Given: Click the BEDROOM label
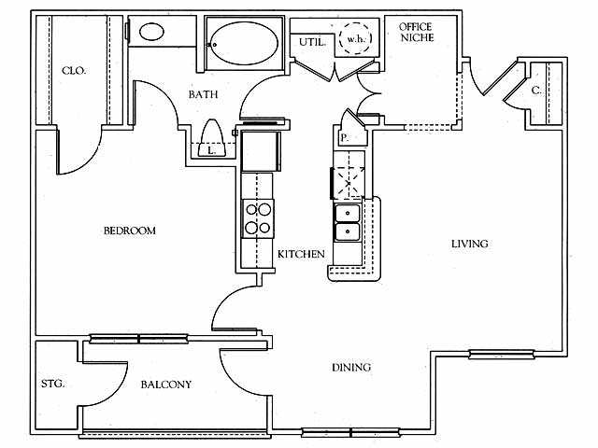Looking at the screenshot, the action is point(130,231).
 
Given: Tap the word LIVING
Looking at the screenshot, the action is point(469,244).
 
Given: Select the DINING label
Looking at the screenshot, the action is point(351,367).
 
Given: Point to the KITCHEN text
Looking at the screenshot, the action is point(301,254).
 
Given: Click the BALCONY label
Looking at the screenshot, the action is point(166,385).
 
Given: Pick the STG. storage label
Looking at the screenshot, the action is point(52,384).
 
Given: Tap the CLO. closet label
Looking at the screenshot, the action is point(74,71).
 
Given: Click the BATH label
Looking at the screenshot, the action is point(204,94).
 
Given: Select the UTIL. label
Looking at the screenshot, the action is point(312,42).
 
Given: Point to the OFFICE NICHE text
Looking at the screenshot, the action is point(417,32).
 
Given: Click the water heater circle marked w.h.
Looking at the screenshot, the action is point(355,38).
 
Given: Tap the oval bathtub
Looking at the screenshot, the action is point(244,43).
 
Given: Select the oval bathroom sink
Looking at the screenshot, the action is point(151,32).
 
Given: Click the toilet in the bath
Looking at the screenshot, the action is point(212,138).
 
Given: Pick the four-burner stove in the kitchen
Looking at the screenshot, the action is point(258,218).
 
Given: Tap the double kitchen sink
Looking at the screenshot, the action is point(347,222).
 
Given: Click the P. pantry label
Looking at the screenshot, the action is point(345,137).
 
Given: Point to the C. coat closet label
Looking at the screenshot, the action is point(536,91).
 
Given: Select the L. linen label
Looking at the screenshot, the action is point(211,150).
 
